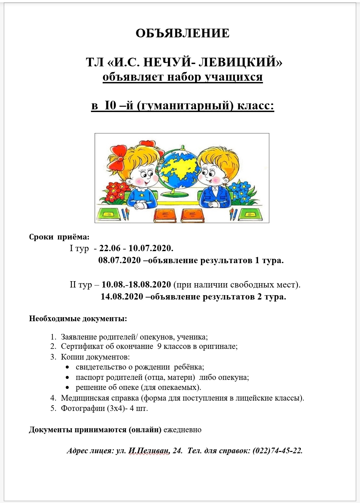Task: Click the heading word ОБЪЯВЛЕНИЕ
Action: coord(182,33)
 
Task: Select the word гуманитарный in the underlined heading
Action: coord(186,106)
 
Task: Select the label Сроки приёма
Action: coord(59,237)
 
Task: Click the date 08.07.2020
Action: coord(120,261)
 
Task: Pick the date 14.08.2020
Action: coord(122,297)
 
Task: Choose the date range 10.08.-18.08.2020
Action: coord(136,285)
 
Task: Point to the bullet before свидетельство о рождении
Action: coord(68,367)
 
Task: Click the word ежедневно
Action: coord(182,430)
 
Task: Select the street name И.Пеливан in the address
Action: coord(148,451)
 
